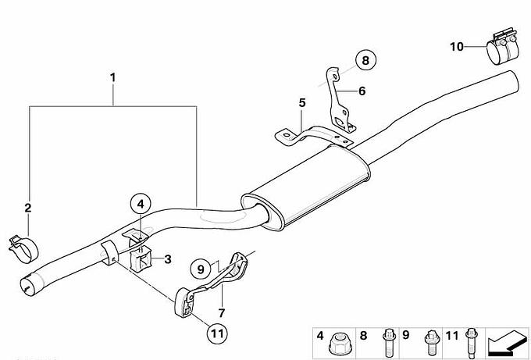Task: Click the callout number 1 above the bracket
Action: tap(112, 77)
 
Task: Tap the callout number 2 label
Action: tap(28, 208)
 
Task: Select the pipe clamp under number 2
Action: tap(23, 249)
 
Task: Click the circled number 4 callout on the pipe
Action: tap(141, 204)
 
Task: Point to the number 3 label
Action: tap(168, 260)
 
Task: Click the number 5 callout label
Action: tap(302, 102)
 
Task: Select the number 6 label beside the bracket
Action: tap(362, 91)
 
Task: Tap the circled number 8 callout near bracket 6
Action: tap(365, 60)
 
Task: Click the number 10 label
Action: tap(456, 46)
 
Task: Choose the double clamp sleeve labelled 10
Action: tap(503, 46)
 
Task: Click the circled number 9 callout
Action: tap(201, 269)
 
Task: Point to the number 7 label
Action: tap(222, 313)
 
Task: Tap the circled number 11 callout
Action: tap(217, 333)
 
